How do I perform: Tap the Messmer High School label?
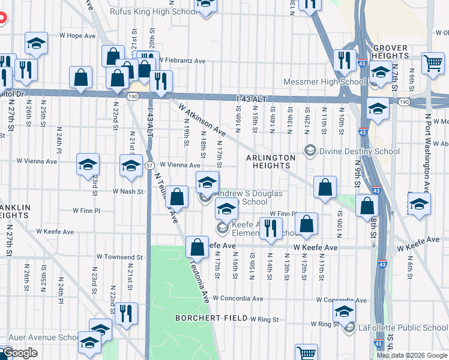coord(325,82)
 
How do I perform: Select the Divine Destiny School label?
coord(360,151)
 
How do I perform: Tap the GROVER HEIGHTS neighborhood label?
coord(390,52)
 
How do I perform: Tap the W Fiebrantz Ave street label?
coord(182,61)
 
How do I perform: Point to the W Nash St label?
coord(128,191)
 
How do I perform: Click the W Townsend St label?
coord(122,257)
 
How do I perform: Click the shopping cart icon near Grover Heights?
coord(433,62)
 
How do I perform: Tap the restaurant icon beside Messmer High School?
coord(345,59)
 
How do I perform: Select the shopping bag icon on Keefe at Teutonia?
coord(197,246)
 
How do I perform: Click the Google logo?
coord(19,353)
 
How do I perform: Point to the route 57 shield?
coord(149,164)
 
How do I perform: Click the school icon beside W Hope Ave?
coord(36,43)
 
